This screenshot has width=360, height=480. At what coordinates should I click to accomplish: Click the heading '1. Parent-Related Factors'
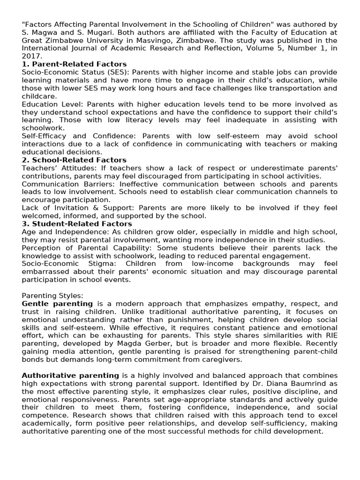click(x=74, y=64)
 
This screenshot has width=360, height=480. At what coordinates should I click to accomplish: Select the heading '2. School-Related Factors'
click(x=74, y=160)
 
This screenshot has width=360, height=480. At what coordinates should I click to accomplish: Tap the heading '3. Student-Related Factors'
click(x=76, y=224)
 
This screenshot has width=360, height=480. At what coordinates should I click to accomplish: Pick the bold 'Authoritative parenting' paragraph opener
click(x=70, y=375)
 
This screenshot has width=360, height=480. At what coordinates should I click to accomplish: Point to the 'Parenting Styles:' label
click(x=52, y=295)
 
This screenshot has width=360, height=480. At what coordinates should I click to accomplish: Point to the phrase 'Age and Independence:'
click(x=62, y=232)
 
